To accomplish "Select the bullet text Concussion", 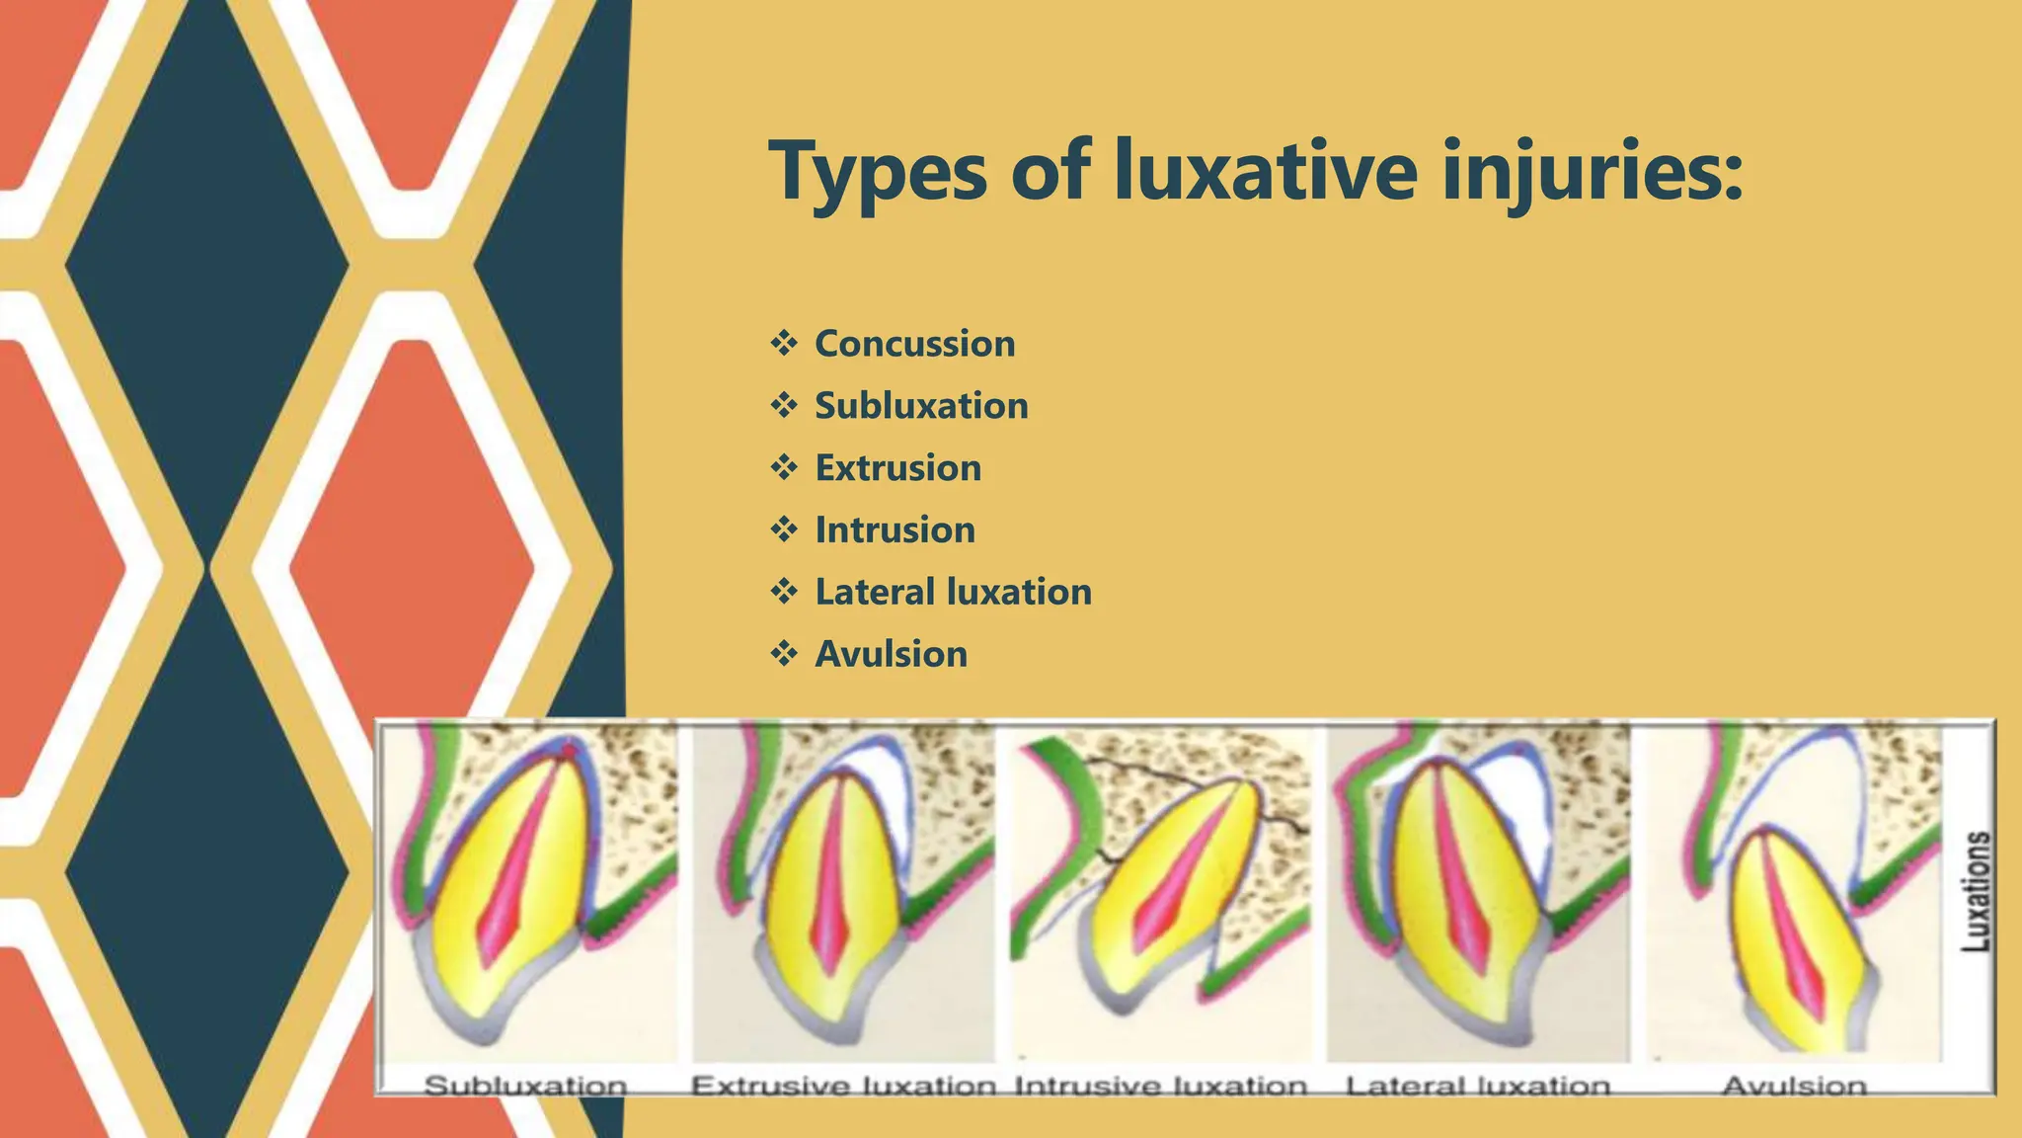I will click(x=914, y=344).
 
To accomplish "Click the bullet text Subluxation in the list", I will click(x=921, y=406).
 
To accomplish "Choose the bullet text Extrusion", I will click(x=897, y=468).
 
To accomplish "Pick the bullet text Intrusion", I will click(x=894, y=530).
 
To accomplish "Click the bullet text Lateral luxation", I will click(x=953, y=593).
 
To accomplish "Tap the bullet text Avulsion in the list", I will click(x=891, y=655).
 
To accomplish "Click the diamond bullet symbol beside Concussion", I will click(x=784, y=344).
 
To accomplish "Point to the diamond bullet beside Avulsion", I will click(x=784, y=654).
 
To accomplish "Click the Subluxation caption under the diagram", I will click(x=525, y=1086).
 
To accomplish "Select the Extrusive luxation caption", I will click(x=843, y=1086).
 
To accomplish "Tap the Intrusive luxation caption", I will click(x=1161, y=1086).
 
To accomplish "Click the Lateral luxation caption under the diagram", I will click(x=1478, y=1086).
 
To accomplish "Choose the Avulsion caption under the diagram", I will click(x=1794, y=1086).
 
